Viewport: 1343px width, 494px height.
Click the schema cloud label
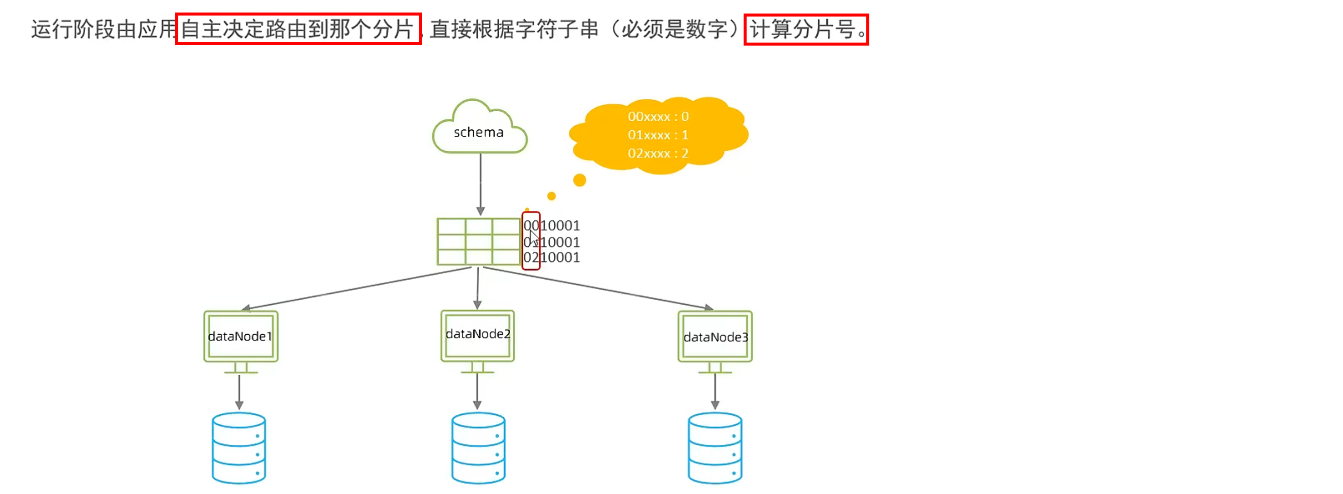pyautogui.click(x=478, y=132)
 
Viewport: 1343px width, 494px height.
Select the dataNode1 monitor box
pyautogui.click(x=240, y=337)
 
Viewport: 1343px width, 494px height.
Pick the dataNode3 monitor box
pyautogui.click(x=715, y=337)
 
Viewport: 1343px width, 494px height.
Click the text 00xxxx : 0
pyautogui.click(x=657, y=116)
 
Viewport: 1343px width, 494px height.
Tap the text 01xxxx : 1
pyautogui.click(x=657, y=135)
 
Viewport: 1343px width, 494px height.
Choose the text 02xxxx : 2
pyautogui.click(x=657, y=153)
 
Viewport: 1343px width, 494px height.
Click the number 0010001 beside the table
pyautogui.click(x=552, y=225)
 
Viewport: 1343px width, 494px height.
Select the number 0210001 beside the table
pyautogui.click(x=552, y=257)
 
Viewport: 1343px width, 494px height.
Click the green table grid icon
pyautogui.click(x=478, y=241)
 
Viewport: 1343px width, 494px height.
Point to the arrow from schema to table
pyautogui.click(x=480, y=182)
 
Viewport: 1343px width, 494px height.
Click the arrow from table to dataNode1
pyautogui.click(x=360, y=289)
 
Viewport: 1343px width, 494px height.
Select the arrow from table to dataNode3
pyautogui.click(x=597, y=289)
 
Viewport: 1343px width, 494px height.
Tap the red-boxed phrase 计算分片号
pyautogui.click(x=805, y=29)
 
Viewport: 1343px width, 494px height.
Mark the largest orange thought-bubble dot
pyautogui.click(x=579, y=180)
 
